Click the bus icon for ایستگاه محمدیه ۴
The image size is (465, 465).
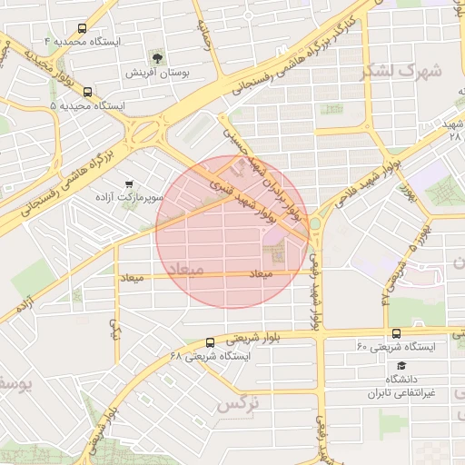[x=84, y=28]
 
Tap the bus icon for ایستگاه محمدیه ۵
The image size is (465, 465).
[x=88, y=92]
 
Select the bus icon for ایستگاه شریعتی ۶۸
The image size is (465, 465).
[x=211, y=342]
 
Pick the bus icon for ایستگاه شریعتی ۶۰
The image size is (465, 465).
[x=395, y=333]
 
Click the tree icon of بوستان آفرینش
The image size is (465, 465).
[x=159, y=57]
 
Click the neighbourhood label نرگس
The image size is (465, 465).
[x=237, y=402]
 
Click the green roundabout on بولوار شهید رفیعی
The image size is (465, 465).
[x=315, y=223]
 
